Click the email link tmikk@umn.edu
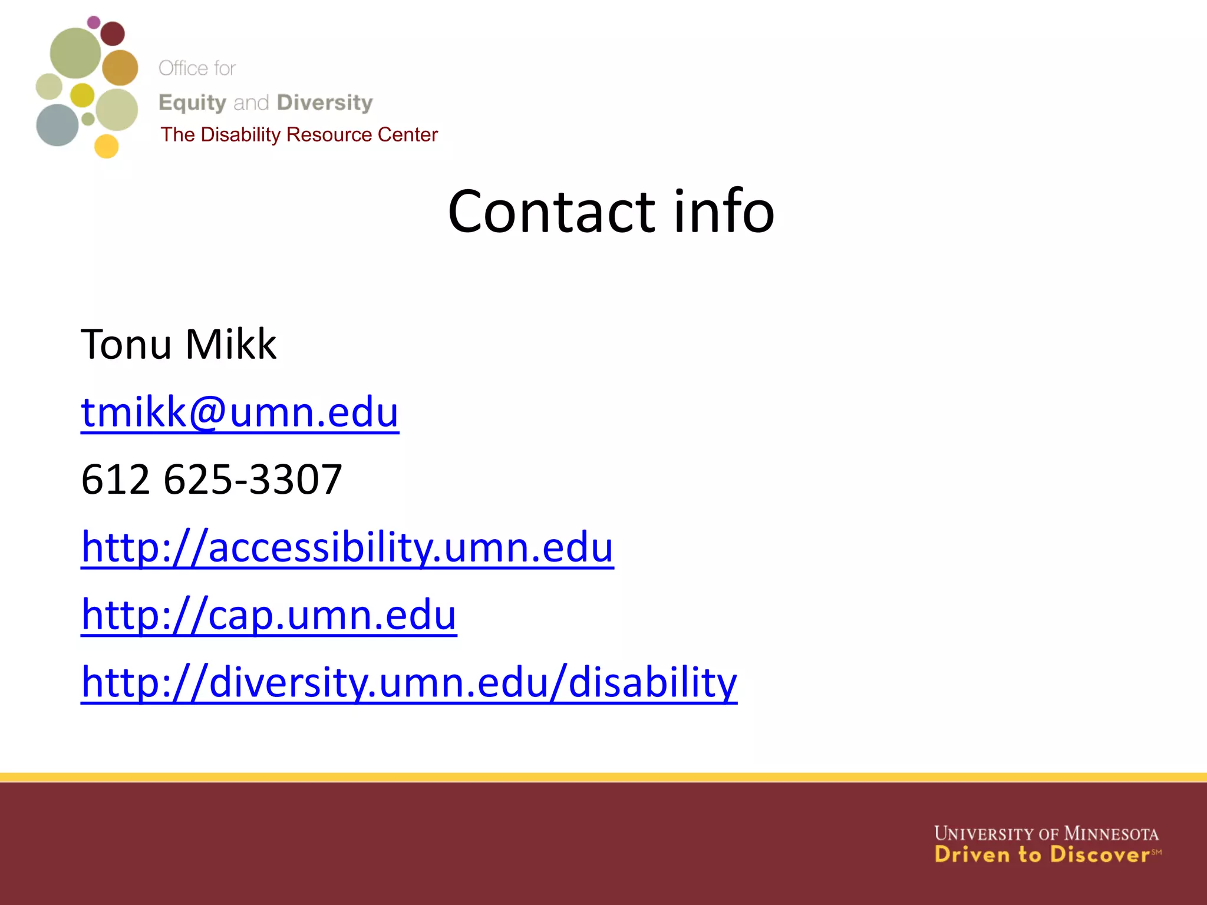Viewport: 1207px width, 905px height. (x=240, y=412)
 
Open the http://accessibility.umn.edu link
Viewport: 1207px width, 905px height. (x=347, y=547)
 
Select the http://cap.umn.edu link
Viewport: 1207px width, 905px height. (x=269, y=615)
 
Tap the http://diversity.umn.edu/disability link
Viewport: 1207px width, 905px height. (x=409, y=682)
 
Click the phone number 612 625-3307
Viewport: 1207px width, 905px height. (x=212, y=479)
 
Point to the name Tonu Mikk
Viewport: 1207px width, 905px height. (x=179, y=344)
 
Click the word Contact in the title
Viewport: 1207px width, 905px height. (x=551, y=212)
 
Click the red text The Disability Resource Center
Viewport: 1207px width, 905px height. (x=299, y=135)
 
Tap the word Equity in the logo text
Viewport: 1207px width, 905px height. (x=192, y=103)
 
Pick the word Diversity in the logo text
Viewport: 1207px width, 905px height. (x=325, y=103)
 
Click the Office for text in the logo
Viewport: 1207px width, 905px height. (x=197, y=68)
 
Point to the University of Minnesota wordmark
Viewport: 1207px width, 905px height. (x=1046, y=834)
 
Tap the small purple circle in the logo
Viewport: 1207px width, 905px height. (x=94, y=22)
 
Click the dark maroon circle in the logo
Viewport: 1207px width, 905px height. (x=113, y=34)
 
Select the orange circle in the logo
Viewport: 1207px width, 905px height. (x=120, y=68)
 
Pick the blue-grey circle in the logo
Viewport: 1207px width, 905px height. (x=57, y=125)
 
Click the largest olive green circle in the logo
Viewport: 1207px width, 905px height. (x=75, y=53)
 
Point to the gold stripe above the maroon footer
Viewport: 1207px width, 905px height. (x=603, y=777)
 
